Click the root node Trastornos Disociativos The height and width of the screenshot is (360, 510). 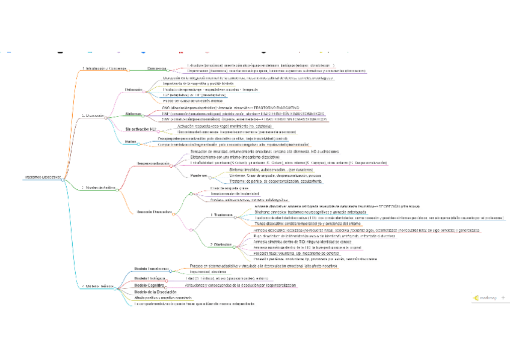coord(42,177)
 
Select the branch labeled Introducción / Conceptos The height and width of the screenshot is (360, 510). coord(104,69)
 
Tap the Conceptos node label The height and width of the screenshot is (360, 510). coord(157,69)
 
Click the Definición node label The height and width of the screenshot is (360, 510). coord(134,90)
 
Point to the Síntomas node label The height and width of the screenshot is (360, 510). coord(134,114)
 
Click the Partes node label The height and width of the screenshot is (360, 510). coord(130,142)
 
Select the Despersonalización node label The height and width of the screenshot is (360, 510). coord(153,163)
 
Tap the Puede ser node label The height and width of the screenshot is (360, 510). coord(199,175)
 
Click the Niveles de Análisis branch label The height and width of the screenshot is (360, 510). coord(99,188)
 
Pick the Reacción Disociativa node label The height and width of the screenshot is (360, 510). coord(155,212)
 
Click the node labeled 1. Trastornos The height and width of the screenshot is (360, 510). coord(222,215)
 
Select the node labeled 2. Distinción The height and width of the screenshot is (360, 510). coord(221,245)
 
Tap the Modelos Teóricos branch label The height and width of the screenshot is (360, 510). coord(100,286)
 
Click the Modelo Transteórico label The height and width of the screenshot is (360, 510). coord(151,269)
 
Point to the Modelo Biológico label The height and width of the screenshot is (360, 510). coord(150,278)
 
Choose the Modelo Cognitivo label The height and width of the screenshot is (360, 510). coord(150,285)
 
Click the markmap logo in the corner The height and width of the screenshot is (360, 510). coord(484,297)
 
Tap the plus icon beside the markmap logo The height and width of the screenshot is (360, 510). coord(503,297)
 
